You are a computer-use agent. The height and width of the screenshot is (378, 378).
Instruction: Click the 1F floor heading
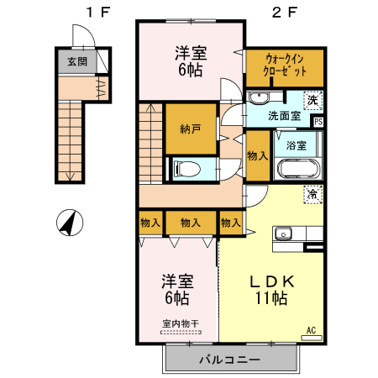(x=98, y=12)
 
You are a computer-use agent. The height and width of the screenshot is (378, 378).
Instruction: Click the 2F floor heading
(x=285, y=12)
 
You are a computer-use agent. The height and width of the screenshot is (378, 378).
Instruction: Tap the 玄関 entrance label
(x=77, y=61)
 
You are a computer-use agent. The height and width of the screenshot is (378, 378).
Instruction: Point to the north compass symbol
(x=70, y=223)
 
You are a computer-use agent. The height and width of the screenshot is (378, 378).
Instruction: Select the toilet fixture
(x=186, y=169)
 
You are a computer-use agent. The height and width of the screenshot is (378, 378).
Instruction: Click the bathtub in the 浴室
(x=298, y=169)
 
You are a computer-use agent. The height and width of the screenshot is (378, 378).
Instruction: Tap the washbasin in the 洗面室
(x=259, y=97)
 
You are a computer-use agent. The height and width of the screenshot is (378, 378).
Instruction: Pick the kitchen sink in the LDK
(x=283, y=234)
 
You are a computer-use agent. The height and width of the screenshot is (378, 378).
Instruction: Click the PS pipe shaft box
(x=318, y=122)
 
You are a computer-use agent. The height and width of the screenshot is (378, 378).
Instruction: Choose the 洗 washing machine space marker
(x=312, y=101)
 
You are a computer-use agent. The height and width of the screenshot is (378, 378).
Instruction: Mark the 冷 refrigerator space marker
(x=312, y=194)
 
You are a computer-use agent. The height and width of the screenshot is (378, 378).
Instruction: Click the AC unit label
(x=311, y=330)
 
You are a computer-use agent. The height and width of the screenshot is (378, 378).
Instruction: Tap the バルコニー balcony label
(x=229, y=360)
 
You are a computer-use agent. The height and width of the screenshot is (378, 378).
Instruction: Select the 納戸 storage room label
(x=191, y=129)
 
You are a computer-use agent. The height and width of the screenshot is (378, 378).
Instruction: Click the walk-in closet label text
(x=284, y=66)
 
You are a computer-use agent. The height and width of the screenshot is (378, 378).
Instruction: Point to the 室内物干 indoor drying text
(x=181, y=323)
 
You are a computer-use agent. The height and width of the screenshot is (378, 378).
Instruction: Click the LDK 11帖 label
(x=271, y=290)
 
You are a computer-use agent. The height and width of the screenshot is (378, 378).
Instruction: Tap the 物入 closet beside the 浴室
(x=257, y=155)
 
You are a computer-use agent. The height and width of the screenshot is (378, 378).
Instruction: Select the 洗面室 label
(x=284, y=116)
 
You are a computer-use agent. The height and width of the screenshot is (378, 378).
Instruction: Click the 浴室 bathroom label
(x=297, y=145)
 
